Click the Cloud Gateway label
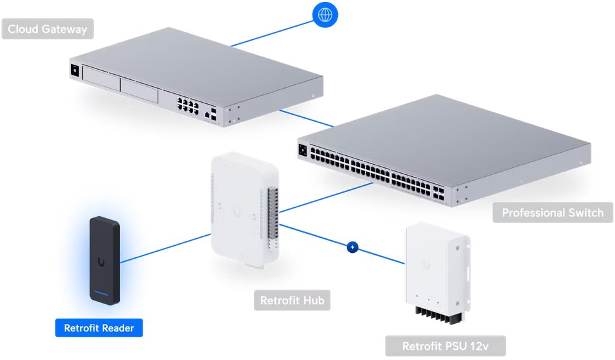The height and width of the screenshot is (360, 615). pyautogui.click(x=48, y=29)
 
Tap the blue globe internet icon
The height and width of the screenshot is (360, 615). pyautogui.click(x=325, y=15)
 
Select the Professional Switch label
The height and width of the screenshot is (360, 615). pyautogui.click(x=552, y=212)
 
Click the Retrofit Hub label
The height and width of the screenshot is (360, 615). pyautogui.click(x=292, y=300)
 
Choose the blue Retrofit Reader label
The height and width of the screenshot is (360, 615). pyautogui.click(x=99, y=328)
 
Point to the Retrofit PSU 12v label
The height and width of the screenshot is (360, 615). pyautogui.click(x=445, y=346)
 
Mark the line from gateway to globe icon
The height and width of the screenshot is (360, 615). pyautogui.click(x=273, y=32)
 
